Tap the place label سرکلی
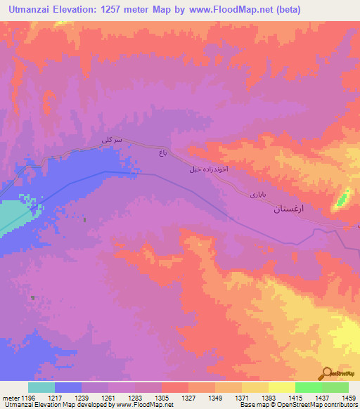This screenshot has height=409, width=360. pos(112,141)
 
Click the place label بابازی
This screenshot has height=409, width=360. pos(258,193)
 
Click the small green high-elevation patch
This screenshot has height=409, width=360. pos(343,199)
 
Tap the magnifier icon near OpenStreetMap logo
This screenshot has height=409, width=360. pos(327,373)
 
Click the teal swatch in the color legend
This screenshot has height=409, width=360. pos(41,387)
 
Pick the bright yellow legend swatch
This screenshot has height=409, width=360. pos(281,387)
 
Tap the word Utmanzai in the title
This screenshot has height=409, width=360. pos(32,10)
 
